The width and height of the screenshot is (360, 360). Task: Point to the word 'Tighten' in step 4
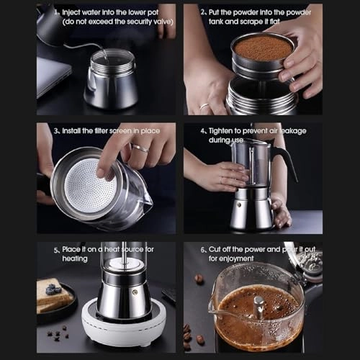(x=225, y=131)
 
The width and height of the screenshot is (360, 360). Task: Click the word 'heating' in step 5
(x=75, y=258)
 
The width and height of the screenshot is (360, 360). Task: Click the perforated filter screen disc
(x=91, y=189)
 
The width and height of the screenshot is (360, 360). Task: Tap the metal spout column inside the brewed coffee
(x=258, y=305)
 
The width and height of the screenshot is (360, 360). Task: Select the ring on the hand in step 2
(x=204, y=107)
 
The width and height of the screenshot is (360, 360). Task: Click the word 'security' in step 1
(x=124, y=22)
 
